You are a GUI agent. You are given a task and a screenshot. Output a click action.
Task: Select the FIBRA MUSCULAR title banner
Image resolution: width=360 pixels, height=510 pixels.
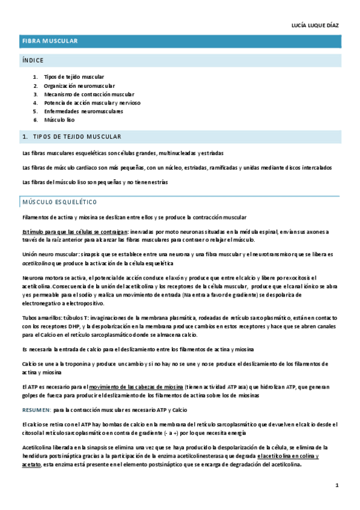point(50,41)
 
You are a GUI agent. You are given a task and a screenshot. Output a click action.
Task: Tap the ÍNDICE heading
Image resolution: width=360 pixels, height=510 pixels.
point(32,60)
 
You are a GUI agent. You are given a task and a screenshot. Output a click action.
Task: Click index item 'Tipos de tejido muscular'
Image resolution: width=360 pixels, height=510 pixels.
point(74,77)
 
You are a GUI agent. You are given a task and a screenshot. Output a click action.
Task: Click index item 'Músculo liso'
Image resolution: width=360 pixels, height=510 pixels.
point(59,120)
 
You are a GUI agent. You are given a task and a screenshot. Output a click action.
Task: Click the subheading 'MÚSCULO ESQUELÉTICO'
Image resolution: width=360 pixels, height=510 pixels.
point(59,201)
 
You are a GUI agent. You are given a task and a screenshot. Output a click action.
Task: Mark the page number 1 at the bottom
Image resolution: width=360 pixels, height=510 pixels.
point(337,485)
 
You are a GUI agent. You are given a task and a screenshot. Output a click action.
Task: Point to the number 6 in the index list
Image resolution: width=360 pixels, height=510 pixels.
point(35,120)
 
